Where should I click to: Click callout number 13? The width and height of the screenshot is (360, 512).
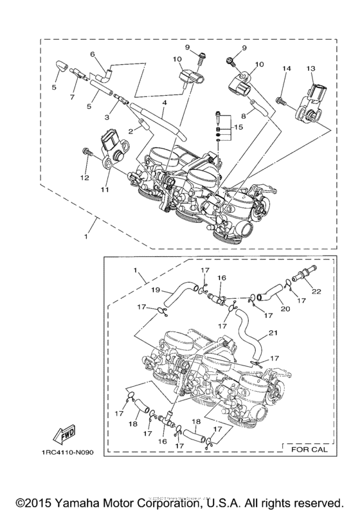311,69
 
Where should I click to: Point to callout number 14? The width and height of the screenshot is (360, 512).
286,69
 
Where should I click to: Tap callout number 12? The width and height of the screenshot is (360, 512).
83,177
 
